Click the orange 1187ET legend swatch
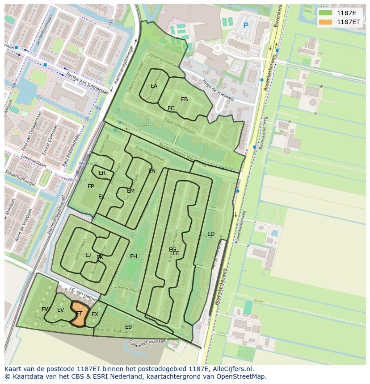click(x=325, y=22)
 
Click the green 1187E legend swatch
click(x=325, y=13)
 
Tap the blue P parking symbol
click(x=245, y=26)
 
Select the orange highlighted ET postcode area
click(x=79, y=314)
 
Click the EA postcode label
click(x=154, y=86)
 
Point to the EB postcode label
click(x=184, y=99)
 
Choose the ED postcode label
click(x=211, y=234)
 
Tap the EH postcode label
click(x=134, y=256)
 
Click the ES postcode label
click(x=128, y=327)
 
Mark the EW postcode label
click(x=46, y=310)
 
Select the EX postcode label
click(x=95, y=314)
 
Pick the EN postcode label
click(x=152, y=171)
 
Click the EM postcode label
click(x=130, y=191)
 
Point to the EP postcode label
click(x=91, y=186)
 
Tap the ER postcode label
click(x=102, y=173)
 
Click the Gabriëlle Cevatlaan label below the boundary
click(x=147, y=344)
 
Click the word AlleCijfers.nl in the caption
click(x=232, y=369)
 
